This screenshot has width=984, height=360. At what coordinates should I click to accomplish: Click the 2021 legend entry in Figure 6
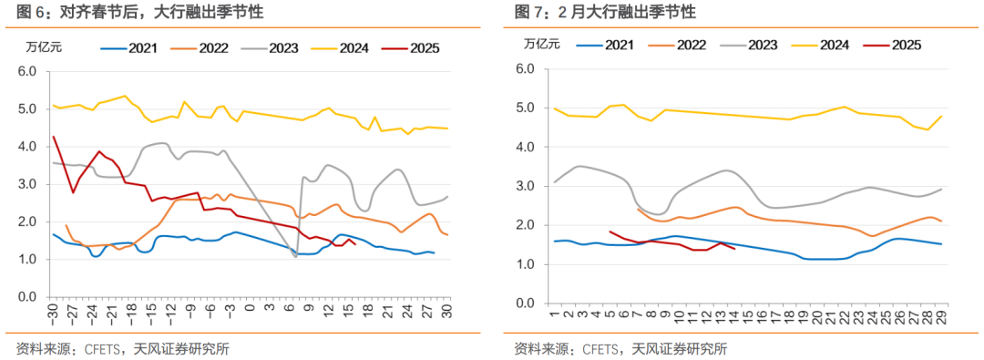tap(130, 48)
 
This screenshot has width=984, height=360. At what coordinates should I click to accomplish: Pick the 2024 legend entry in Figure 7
tap(817, 44)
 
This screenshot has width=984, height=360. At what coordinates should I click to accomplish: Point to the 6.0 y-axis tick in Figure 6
tap(26, 70)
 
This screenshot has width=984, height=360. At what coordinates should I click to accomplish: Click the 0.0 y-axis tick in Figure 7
tap(524, 303)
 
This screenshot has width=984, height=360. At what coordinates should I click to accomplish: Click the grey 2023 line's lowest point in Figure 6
tap(296, 257)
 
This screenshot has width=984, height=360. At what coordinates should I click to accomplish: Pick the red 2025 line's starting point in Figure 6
tap(54, 137)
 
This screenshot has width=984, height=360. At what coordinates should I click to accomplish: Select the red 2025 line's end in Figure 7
tap(734, 248)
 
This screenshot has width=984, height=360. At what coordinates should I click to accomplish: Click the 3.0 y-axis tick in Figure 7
tap(524, 186)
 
